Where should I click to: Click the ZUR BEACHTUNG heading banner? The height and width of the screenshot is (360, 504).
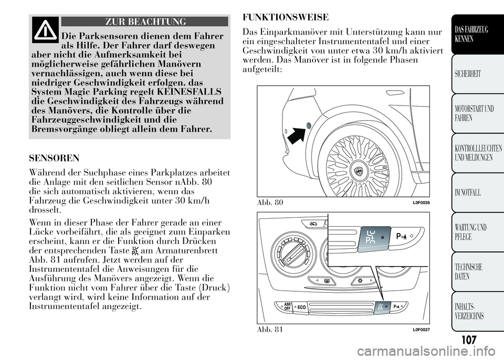[145, 22]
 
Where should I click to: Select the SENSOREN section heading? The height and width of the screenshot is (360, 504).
[55, 157]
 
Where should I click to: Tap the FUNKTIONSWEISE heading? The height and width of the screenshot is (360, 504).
[286, 17]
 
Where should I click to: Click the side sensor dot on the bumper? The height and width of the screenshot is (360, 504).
[308, 125]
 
